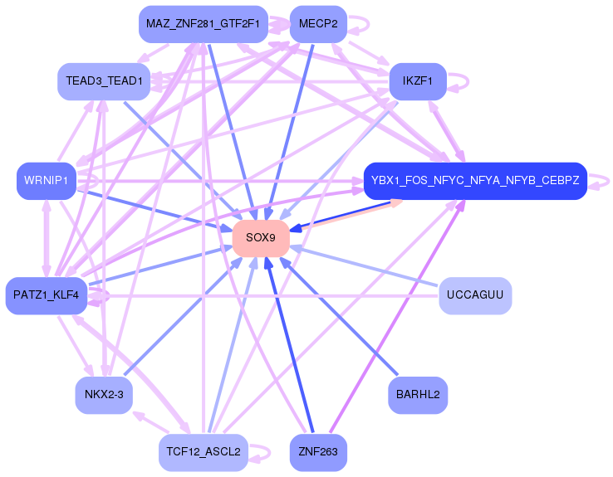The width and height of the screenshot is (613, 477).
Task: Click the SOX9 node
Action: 261,238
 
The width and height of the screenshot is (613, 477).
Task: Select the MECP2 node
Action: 318,24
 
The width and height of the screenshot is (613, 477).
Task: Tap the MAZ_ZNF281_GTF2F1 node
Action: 204,24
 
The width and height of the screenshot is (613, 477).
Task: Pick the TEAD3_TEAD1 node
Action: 104,81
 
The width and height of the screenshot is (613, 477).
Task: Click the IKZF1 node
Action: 418,81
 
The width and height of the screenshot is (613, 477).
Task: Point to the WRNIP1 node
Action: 47,181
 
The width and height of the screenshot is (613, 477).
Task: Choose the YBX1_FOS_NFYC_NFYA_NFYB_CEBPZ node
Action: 475,181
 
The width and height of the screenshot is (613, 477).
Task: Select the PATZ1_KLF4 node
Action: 47,295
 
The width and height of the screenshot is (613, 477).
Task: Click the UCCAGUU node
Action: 475,295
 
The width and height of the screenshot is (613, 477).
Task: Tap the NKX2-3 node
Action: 104,395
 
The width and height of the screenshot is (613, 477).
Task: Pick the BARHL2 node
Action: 418,395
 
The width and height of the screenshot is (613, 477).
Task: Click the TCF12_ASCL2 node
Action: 204,452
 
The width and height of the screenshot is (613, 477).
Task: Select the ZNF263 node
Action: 318,452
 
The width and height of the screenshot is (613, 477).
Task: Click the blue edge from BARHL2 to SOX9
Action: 339,317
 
